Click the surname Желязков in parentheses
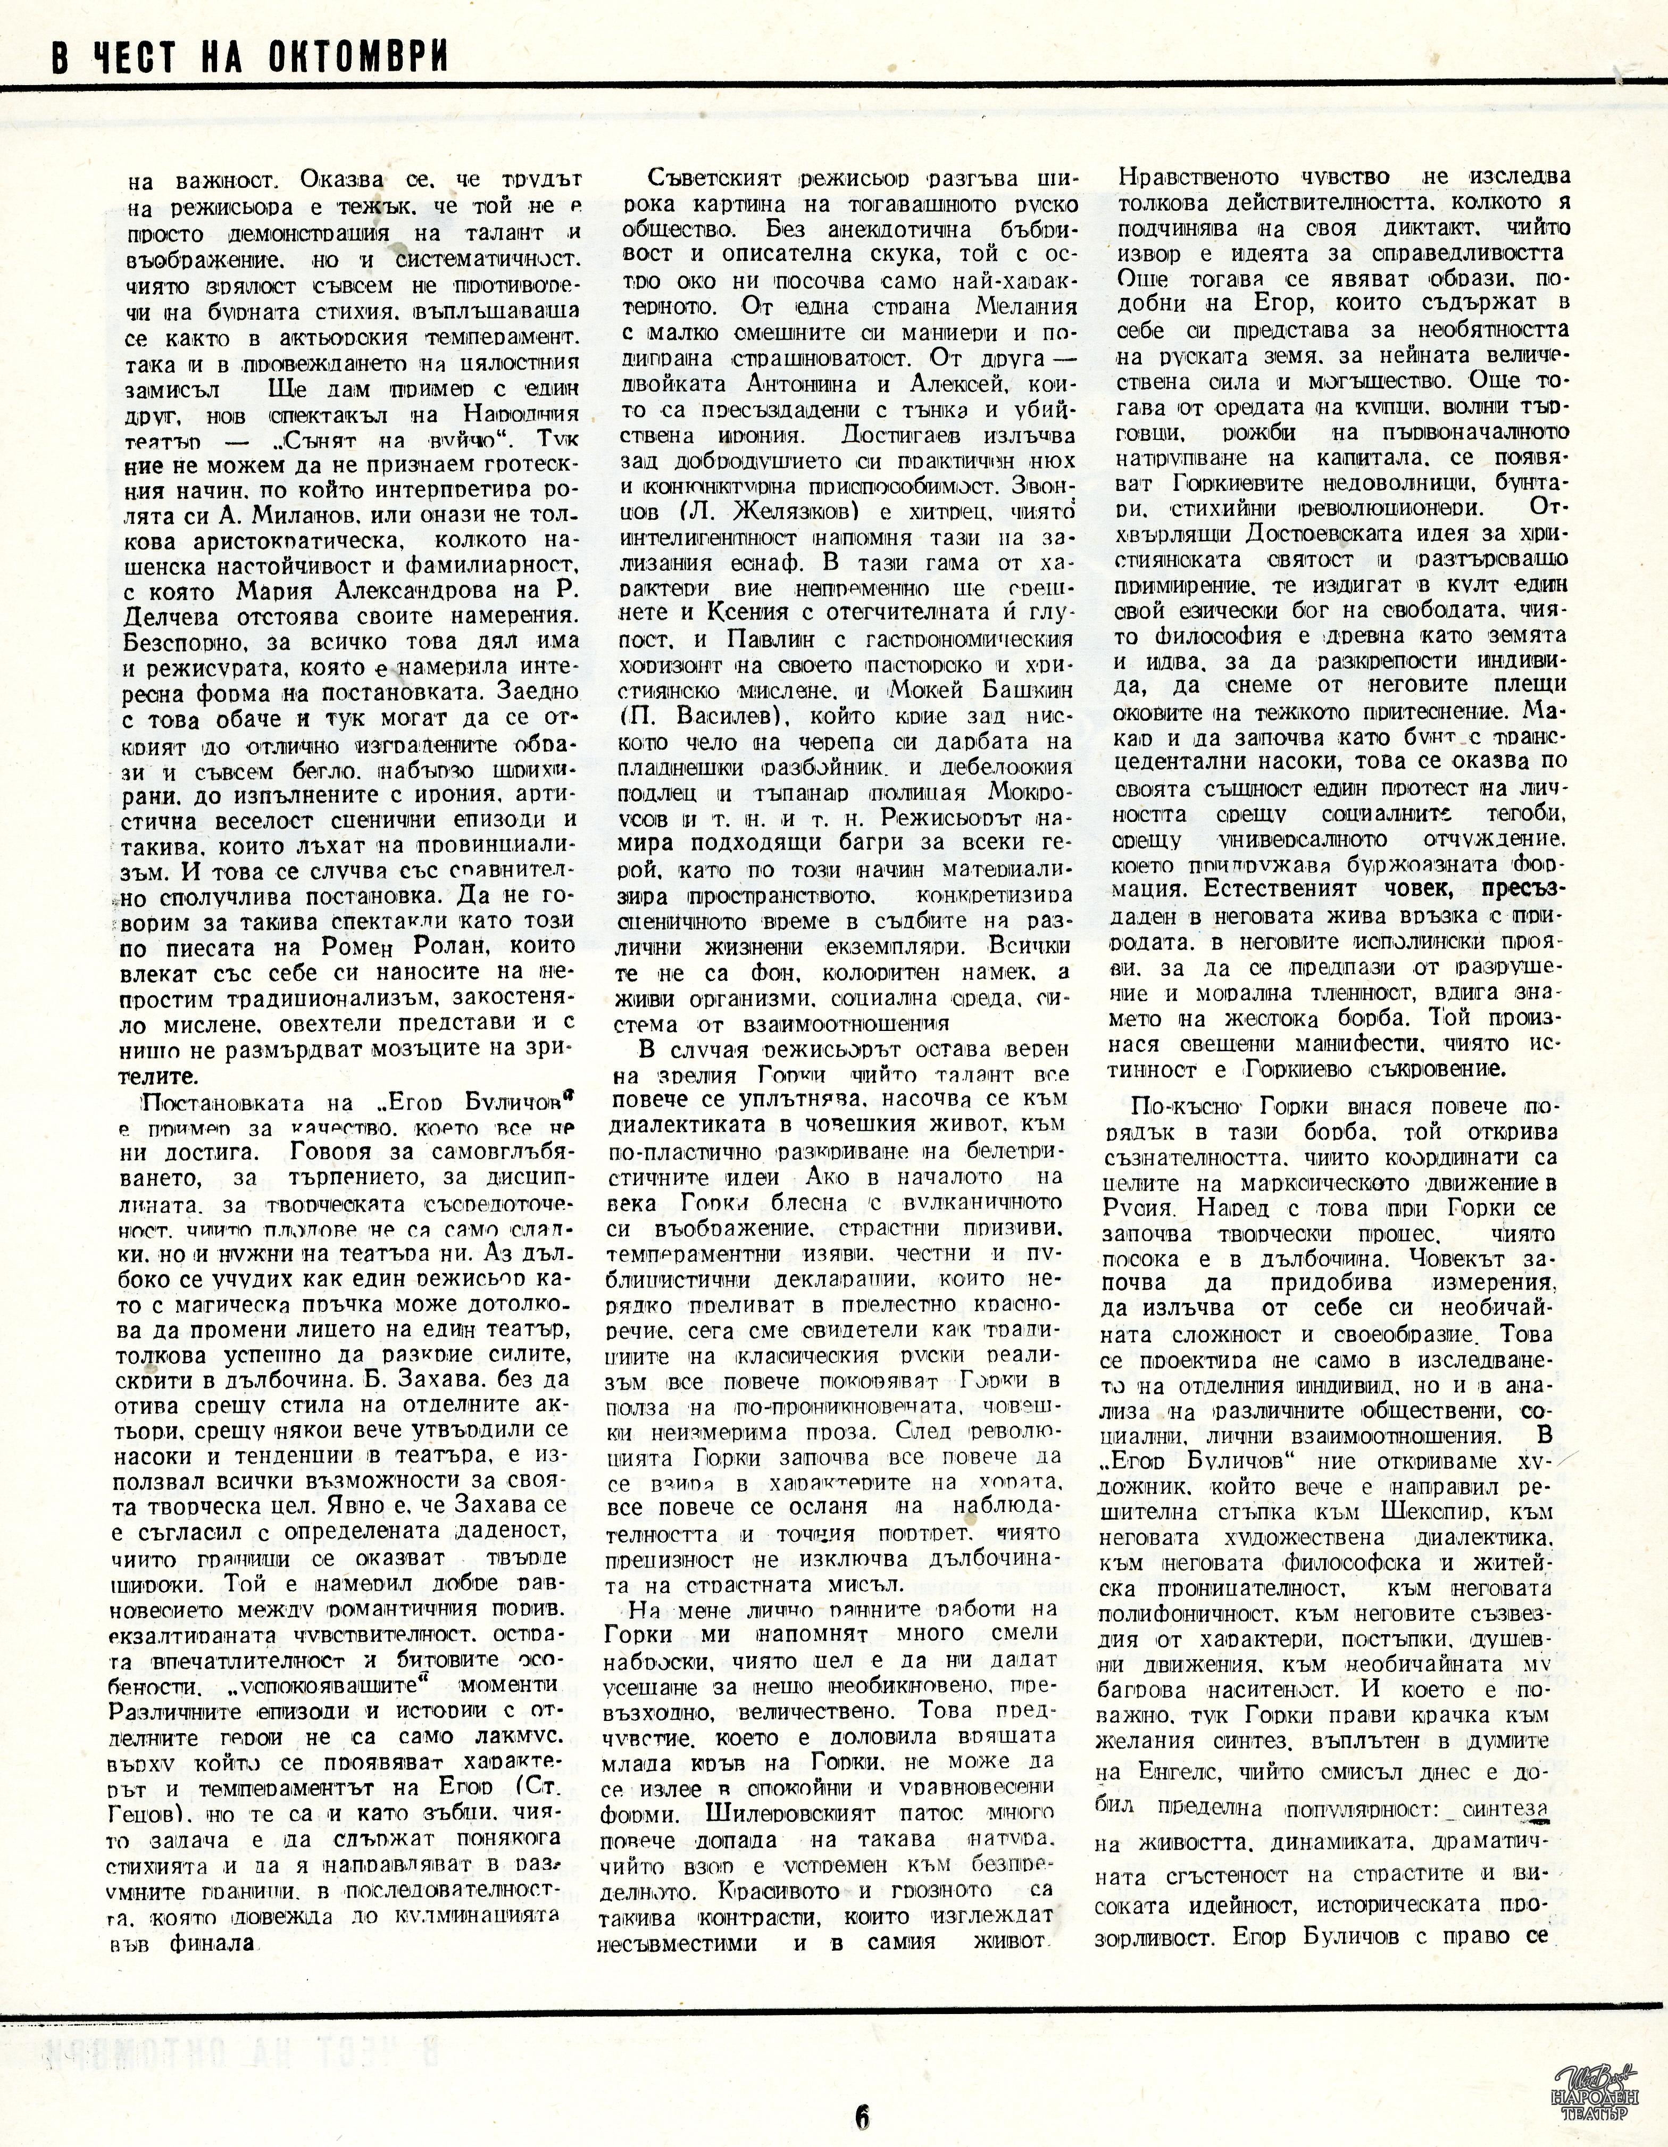click(779, 514)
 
